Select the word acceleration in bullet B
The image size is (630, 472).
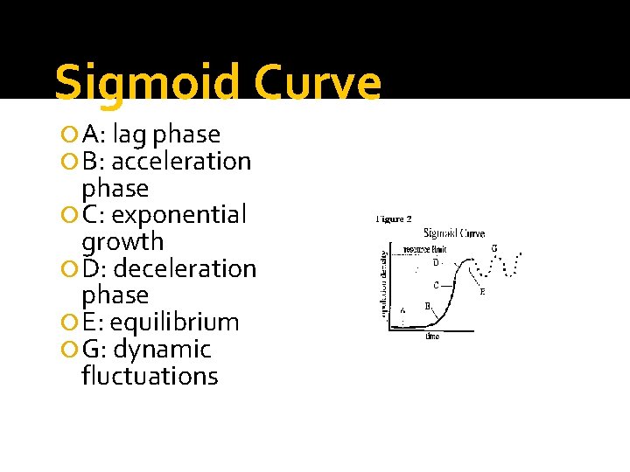[181, 162]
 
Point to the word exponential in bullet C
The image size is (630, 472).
[180, 215]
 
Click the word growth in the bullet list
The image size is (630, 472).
[122, 242]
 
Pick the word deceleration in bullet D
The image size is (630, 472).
[185, 269]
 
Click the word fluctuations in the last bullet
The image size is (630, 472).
[150, 377]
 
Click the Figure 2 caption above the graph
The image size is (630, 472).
[394, 219]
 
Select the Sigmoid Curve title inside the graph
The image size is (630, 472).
[454, 233]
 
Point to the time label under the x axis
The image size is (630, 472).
[432, 337]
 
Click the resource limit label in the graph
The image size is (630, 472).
[425, 249]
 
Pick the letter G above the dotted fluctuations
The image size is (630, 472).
[494, 248]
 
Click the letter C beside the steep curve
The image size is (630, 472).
[437, 285]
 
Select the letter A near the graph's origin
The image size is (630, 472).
[402, 310]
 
